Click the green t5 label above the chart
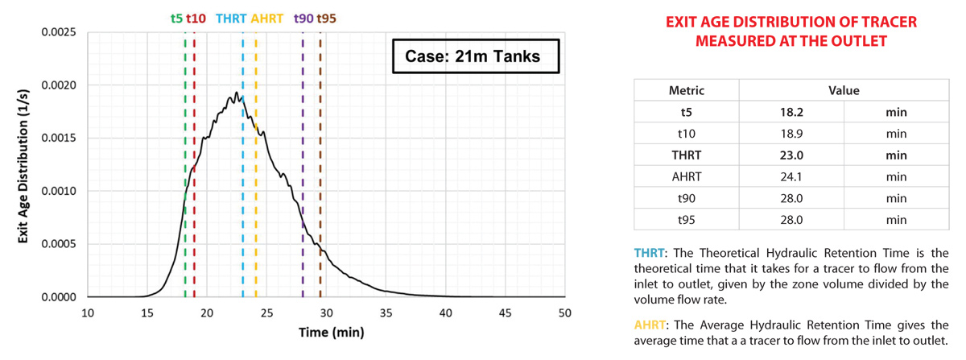coord(176,17)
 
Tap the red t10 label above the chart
coord(196,17)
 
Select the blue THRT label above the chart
coord(233,17)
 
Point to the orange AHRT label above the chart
coord(266,17)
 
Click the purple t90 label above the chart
coord(303,17)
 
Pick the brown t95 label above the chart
coord(327,17)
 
